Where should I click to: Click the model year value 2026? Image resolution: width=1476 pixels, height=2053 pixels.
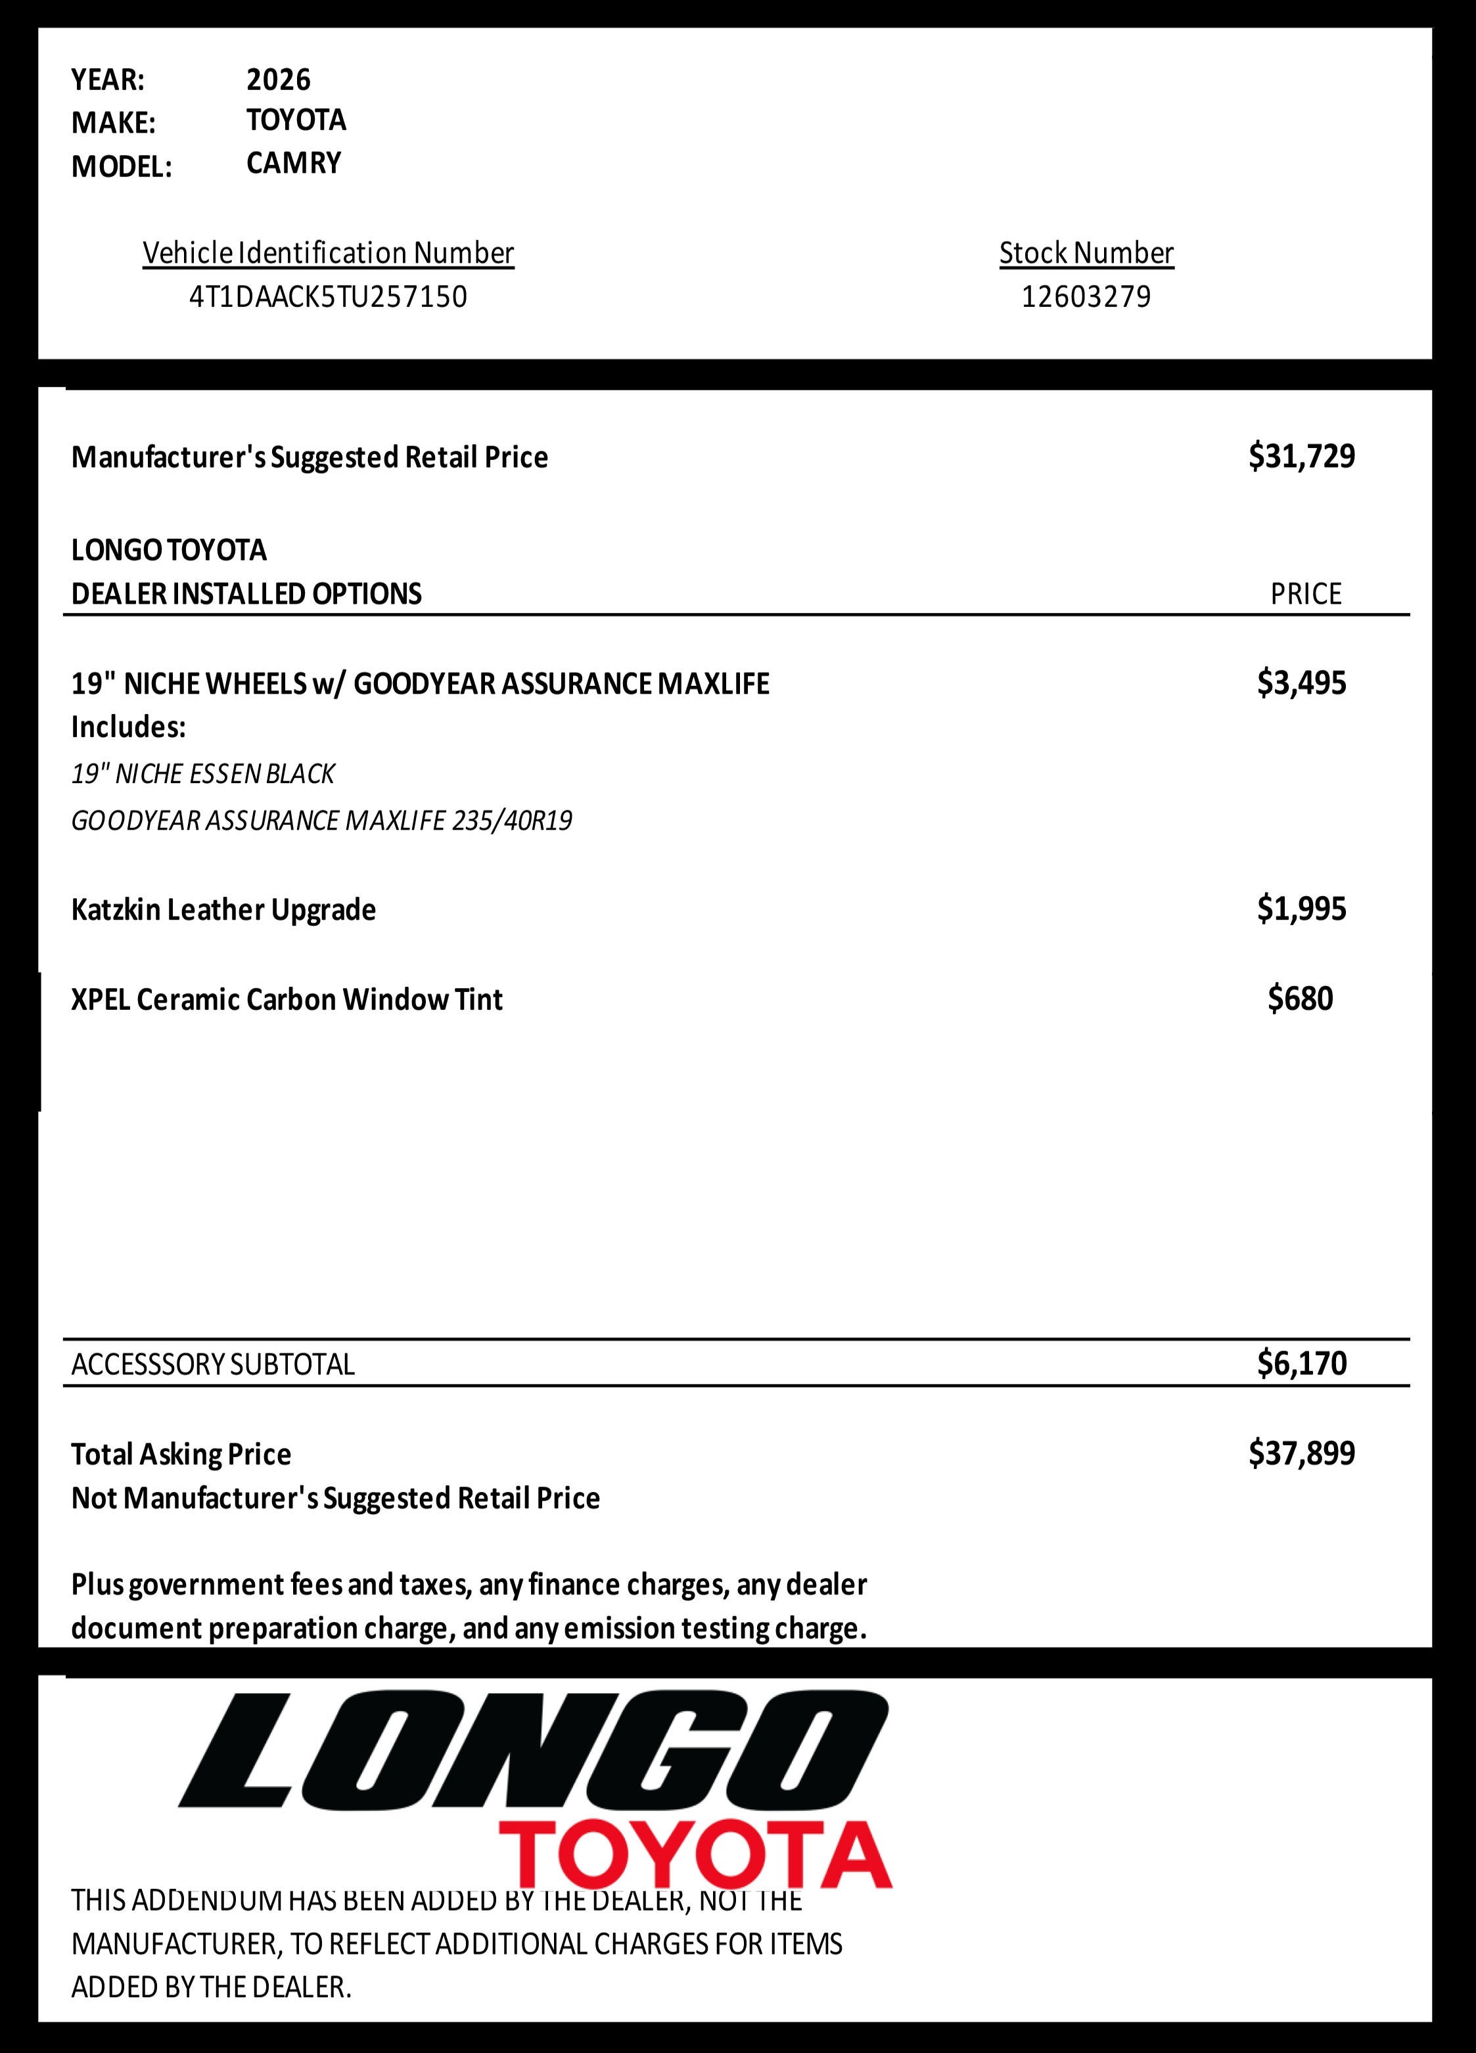(278, 79)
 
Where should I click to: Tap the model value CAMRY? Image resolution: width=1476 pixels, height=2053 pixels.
(293, 163)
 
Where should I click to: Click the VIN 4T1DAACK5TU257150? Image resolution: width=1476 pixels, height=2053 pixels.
(328, 297)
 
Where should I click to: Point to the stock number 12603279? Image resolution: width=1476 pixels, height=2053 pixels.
(1086, 297)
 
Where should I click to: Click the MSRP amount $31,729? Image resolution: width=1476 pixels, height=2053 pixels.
(1301, 456)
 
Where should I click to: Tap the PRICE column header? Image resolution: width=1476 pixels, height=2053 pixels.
(1305, 594)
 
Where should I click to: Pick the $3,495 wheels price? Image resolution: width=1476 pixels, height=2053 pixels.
(1301, 683)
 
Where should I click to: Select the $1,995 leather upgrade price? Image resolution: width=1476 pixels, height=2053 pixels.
(1301, 908)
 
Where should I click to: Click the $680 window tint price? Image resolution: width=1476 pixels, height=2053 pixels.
(1301, 999)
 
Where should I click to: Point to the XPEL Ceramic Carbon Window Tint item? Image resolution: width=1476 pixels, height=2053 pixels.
(286, 999)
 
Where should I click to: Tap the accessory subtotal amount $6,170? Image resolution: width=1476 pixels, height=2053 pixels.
(1301, 1363)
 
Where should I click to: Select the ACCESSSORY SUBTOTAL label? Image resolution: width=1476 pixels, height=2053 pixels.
(213, 1364)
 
